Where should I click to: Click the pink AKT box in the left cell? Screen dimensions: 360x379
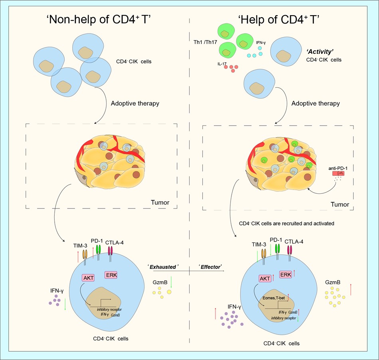click(88, 277)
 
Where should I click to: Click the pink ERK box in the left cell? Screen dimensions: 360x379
click(111, 275)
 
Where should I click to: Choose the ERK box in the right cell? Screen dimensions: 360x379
click(285, 274)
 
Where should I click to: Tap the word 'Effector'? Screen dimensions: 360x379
click(210, 267)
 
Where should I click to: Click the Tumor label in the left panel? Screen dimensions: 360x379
click(160, 203)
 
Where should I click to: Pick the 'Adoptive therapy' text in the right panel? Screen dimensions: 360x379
click(316, 103)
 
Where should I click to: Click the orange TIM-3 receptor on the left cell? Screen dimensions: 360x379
click(85, 254)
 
